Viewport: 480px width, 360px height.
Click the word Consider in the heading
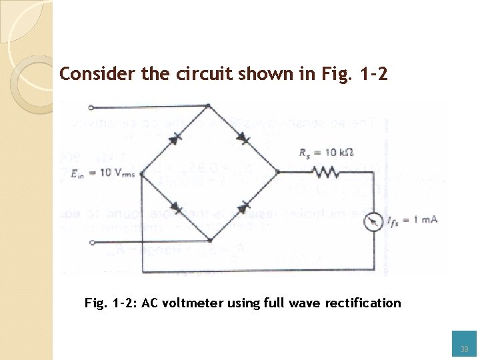[86, 73]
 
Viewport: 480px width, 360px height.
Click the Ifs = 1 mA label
[413, 221]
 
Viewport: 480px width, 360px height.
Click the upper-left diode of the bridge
[177, 137]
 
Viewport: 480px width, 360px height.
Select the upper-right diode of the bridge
[243, 138]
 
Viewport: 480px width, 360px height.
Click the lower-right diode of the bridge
[243, 207]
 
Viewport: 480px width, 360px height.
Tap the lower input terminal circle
[91, 242]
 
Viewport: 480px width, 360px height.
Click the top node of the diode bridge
[209, 106]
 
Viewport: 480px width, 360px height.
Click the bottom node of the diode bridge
[209, 239]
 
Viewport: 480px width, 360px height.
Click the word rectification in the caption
[363, 303]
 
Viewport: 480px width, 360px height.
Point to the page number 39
[464, 349]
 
